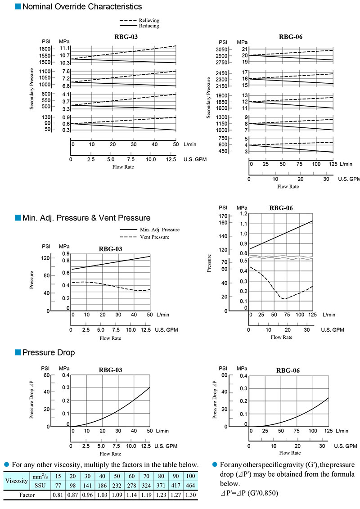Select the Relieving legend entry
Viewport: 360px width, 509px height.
coord(149,21)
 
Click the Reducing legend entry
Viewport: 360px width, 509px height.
coord(149,26)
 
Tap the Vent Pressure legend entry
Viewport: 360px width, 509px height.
coord(154,237)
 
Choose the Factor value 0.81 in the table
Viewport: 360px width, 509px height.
coord(58,495)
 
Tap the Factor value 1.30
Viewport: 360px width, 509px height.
coord(190,495)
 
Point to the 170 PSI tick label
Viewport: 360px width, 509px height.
coord(223,216)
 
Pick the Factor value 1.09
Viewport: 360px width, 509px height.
coord(117,495)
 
